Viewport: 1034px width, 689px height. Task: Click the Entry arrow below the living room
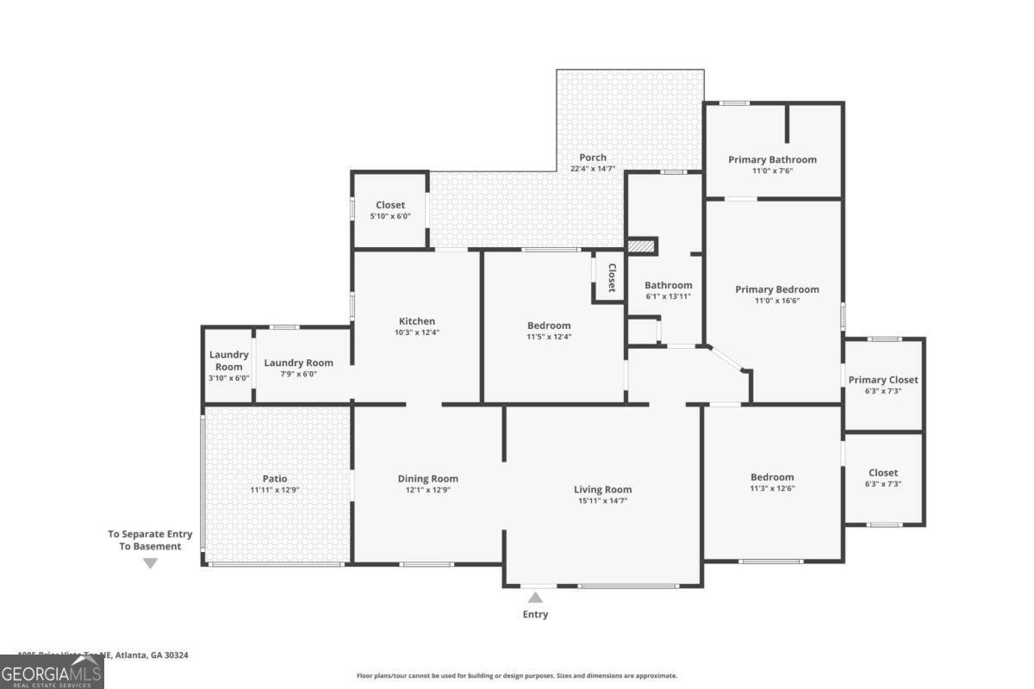tap(535, 597)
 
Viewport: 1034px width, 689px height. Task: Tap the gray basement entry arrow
tap(150, 563)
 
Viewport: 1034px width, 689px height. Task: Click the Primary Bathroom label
tap(772, 159)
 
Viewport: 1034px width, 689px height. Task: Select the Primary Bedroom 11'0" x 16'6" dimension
tap(776, 301)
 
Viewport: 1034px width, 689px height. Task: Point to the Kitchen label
tap(416, 321)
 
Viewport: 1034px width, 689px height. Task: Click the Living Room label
tap(602, 489)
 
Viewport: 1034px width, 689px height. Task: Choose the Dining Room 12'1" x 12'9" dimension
tap(427, 490)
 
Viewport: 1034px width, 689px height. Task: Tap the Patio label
tap(275, 479)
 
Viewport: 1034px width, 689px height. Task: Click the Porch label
tap(593, 158)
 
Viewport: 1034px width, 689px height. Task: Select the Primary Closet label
tap(883, 380)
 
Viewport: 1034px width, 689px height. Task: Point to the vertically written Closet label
tap(612, 277)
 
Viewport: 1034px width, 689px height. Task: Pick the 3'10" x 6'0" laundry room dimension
tap(229, 378)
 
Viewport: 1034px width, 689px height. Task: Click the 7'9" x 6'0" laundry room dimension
tap(298, 374)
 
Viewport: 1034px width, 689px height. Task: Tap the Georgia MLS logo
tap(52, 672)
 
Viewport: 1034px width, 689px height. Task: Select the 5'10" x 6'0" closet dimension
tap(390, 216)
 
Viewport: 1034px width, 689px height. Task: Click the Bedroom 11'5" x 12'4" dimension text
tap(549, 337)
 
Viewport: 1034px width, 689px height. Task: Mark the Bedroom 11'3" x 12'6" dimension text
tap(772, 488)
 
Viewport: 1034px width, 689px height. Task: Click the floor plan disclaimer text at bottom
tap(517, 676)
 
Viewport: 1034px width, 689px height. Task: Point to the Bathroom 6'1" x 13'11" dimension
tap(669, 296)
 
